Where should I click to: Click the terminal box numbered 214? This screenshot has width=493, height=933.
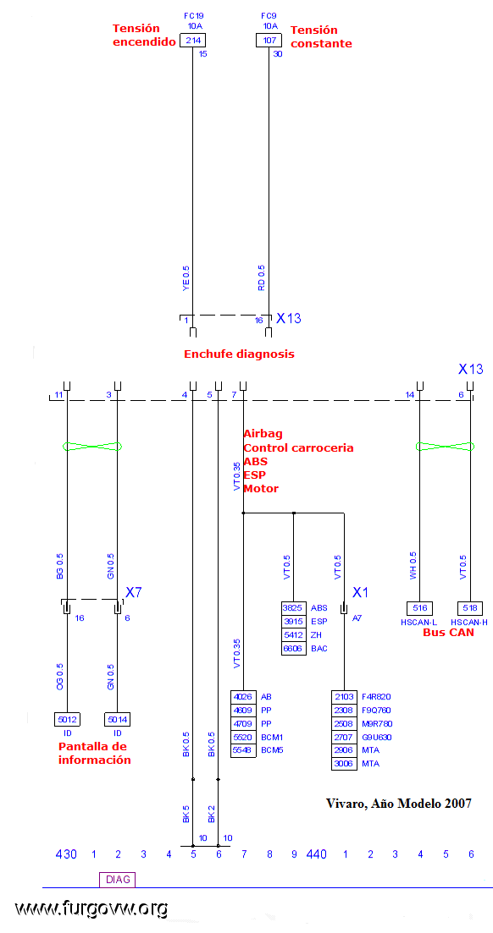[x=192, y=41]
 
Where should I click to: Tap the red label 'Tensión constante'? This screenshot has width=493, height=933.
[x=321, y=37]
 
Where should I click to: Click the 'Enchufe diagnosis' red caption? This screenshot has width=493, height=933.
[x=239, y=354]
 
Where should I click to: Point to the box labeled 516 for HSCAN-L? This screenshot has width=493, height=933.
[x=419, y=608]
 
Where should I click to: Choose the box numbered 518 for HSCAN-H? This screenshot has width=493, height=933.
[x=470, y=608]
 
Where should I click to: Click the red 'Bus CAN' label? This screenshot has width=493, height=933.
[x=448, y=633]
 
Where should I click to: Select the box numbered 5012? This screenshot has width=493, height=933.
[x=67, y=719]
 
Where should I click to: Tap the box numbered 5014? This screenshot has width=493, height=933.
[x=117, y=719]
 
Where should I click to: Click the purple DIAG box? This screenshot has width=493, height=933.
[x=118, y=880]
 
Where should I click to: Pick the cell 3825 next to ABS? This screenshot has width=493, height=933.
[x=293, y=608]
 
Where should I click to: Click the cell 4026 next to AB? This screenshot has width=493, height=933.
[x=242, y=696]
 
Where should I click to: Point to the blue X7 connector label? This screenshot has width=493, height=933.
[x=134, y=592]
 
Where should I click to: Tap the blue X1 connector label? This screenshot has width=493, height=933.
[x=361, y=592]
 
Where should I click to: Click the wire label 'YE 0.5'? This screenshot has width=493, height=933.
[x=186, y=278]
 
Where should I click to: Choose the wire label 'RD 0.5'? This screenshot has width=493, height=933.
[x=261, y=278]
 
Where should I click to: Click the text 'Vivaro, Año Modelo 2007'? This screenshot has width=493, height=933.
[x=399, y=804]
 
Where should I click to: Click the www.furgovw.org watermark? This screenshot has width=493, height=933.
[x=91, y=908]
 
